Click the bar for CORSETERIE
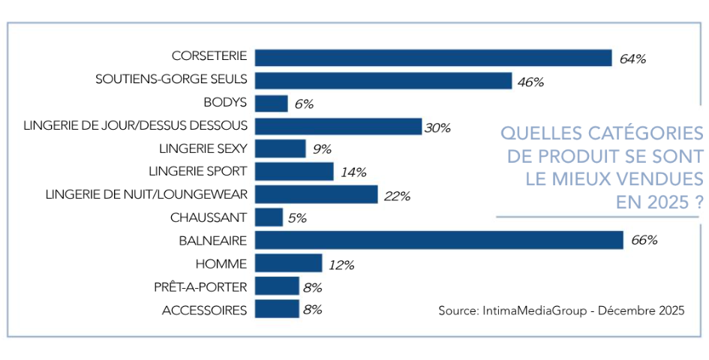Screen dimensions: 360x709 tap(434, 58)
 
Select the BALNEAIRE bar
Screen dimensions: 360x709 tap(439, 240)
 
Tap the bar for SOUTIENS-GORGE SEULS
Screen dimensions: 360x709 tap(383, 81)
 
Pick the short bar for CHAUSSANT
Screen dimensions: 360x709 tap(269, 217)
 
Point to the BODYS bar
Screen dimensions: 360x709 tap(272, 103)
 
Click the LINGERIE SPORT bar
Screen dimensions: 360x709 tap(294, 172)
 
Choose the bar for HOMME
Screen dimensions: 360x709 tap(289, 263)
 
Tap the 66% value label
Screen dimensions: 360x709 tap(644, 241)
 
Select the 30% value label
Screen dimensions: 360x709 tap(437, 127)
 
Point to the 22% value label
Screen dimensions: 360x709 tap(397, 196)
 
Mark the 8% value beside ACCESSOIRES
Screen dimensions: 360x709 tap(311, 310)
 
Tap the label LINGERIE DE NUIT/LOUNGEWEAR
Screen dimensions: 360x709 tap(146, 194)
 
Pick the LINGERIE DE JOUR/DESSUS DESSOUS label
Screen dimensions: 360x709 tap(136, 126)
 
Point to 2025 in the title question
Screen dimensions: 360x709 tap(661, 202)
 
